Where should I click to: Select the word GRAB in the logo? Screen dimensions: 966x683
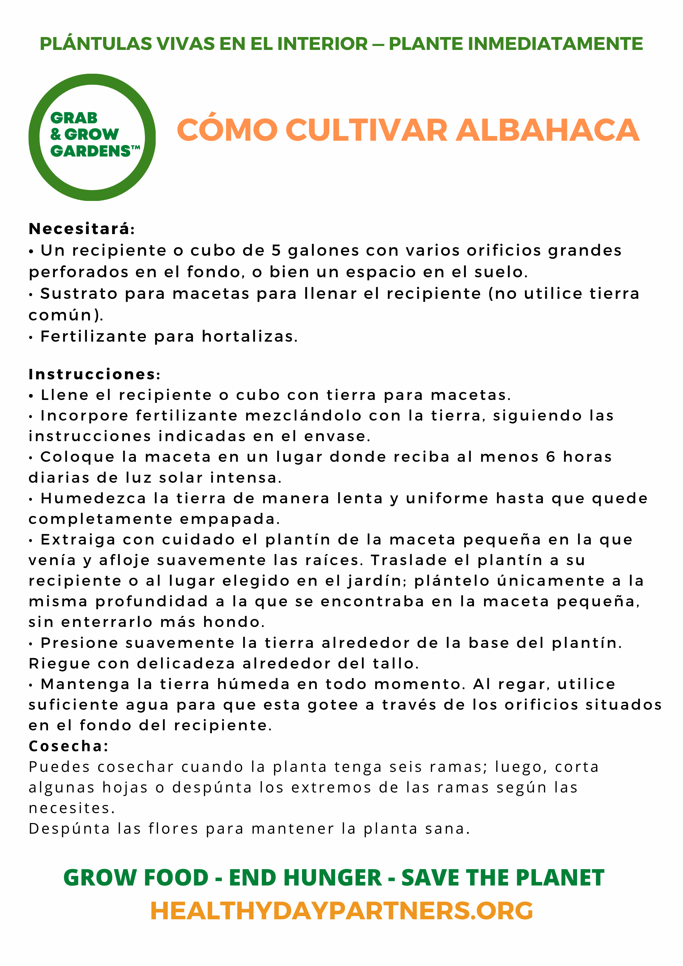[74, 118]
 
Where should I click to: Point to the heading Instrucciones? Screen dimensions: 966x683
[94, 374]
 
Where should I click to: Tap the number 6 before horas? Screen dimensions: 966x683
[551, 457]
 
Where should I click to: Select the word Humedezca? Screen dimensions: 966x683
[93, 498]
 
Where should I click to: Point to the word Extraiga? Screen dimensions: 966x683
[78, 540]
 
